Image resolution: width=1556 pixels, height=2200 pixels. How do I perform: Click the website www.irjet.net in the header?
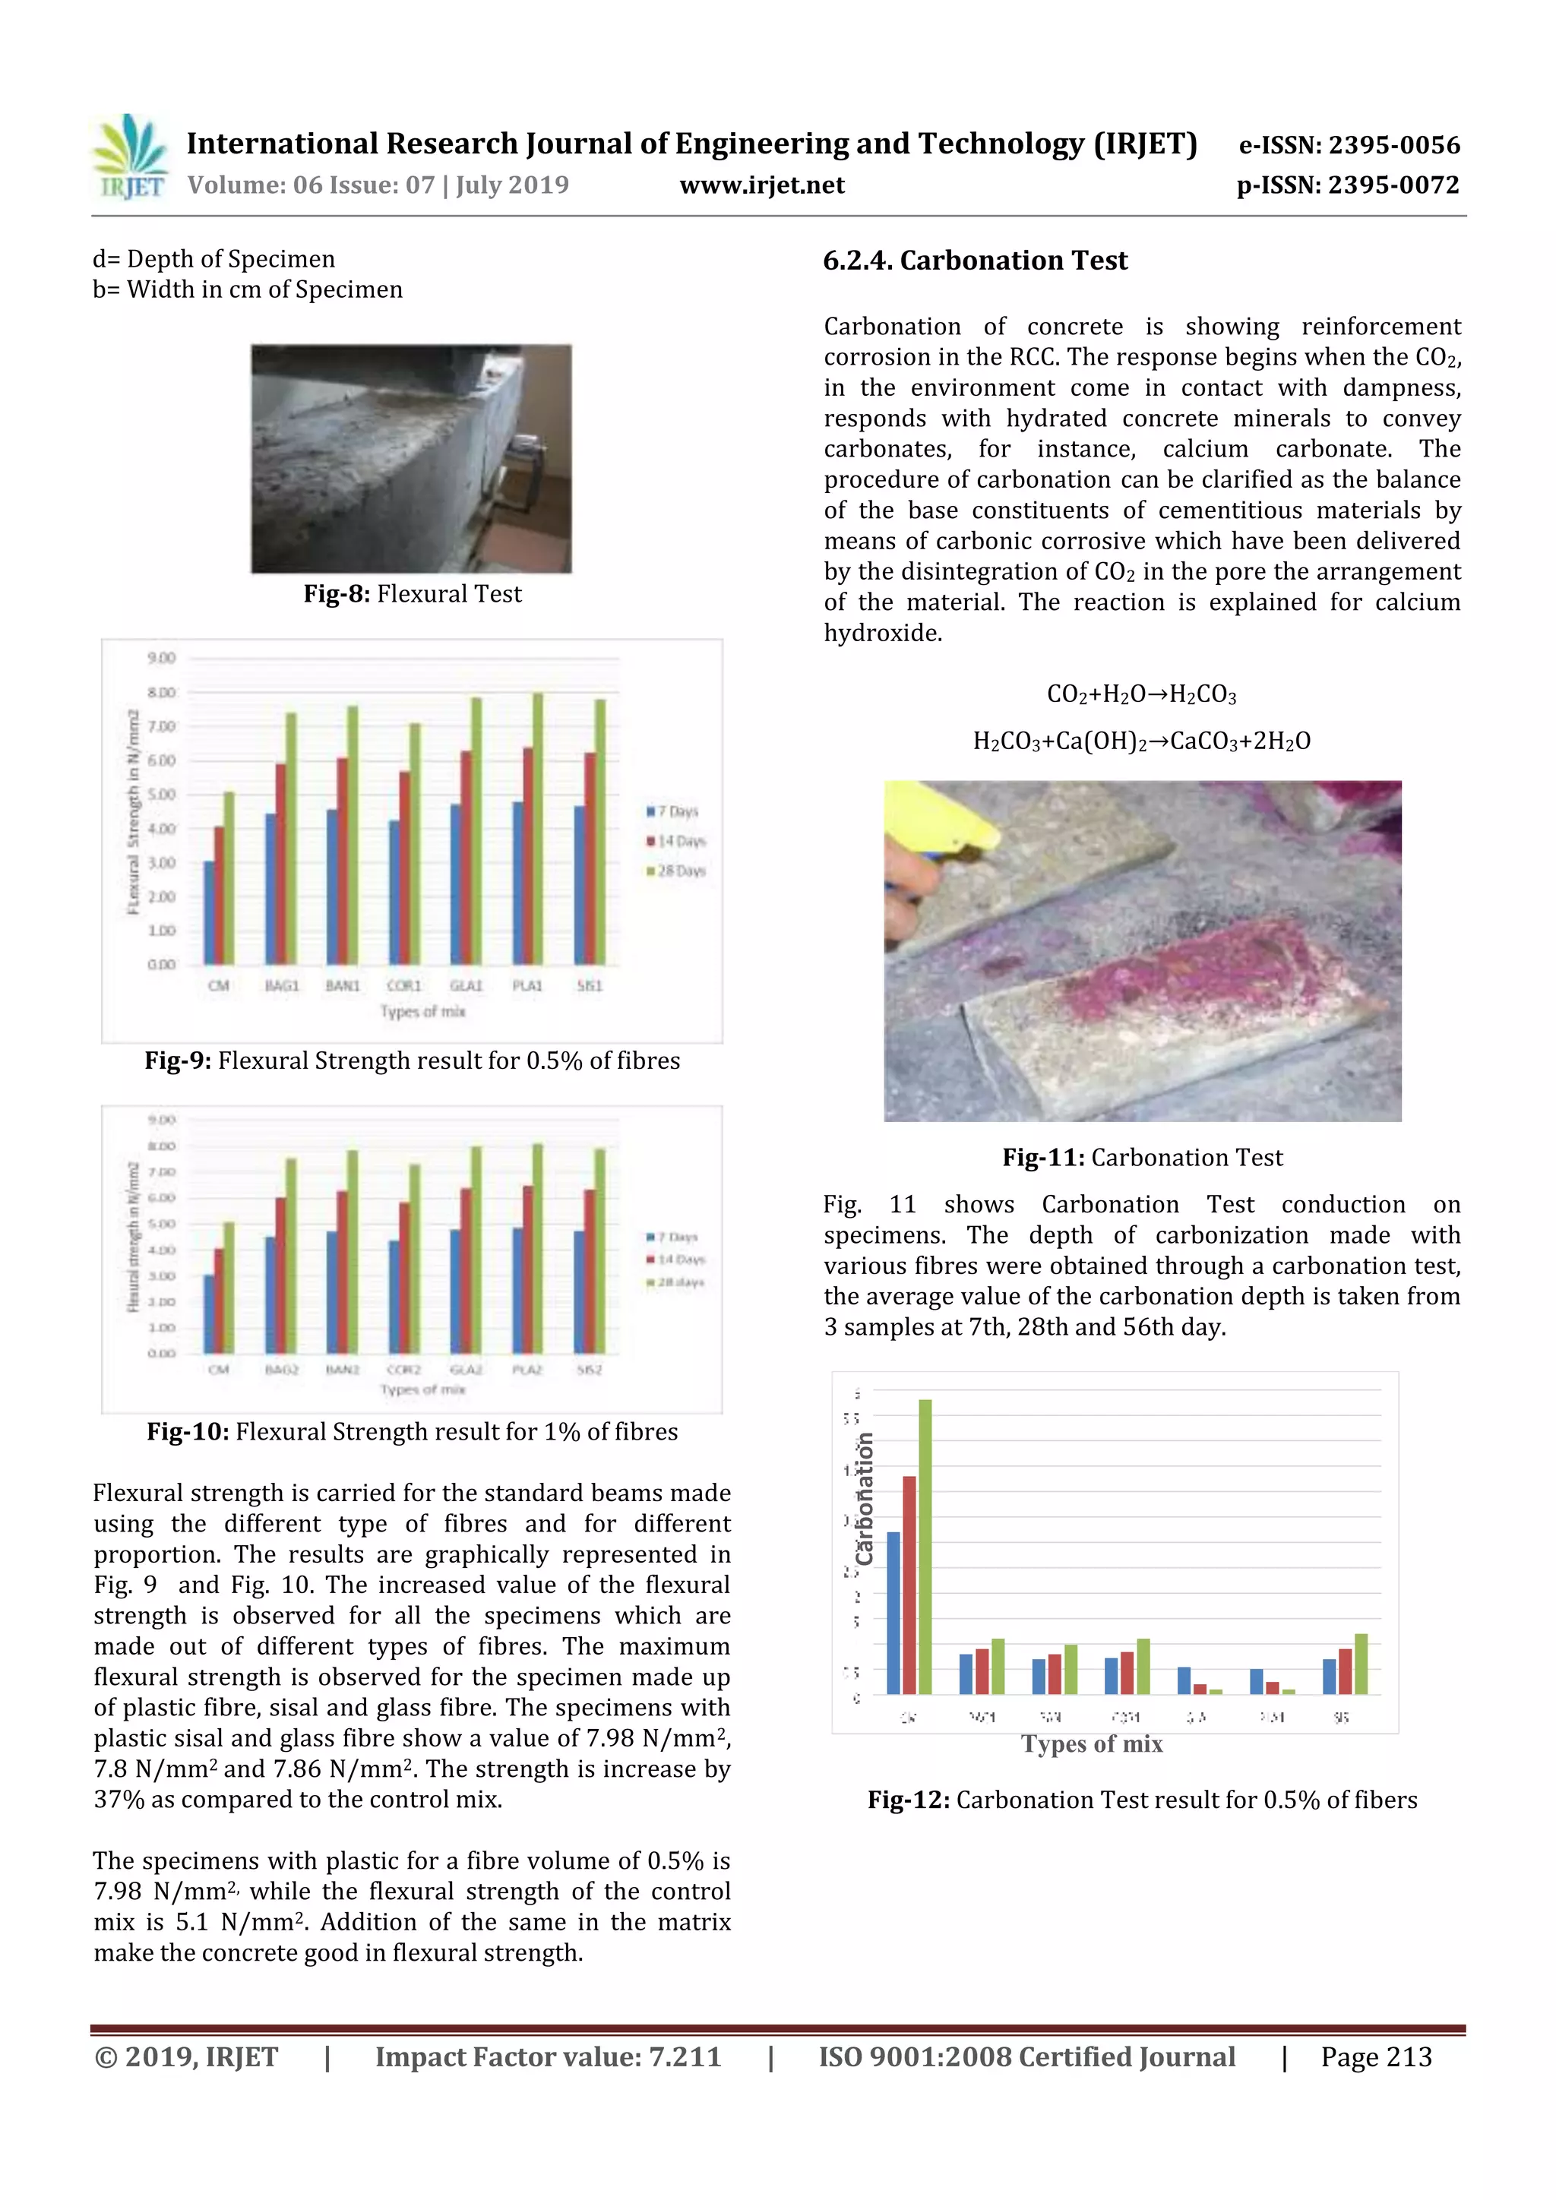click(762, 185)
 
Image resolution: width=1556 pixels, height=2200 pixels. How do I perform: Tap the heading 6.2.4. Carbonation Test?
click(975, 261)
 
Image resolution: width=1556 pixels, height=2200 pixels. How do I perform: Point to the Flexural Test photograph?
click(411, 459)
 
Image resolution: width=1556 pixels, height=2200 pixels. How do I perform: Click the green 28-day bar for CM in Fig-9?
click(229, 877)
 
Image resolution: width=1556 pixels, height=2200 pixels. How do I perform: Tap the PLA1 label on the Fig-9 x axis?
click(527, 985)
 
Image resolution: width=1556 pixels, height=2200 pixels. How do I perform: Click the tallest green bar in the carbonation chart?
click(925, 1547)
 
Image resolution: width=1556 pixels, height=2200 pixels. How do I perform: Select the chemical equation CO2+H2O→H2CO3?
click(1141, 694)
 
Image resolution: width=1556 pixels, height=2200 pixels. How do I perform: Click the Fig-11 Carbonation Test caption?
click(1142, 1158)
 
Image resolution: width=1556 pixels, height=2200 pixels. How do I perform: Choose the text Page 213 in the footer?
click(1376, 2057)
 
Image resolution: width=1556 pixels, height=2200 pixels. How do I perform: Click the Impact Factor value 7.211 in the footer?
click(547, 2057)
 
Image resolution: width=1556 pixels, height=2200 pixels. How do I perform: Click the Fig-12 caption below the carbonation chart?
click(1142, 1800)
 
